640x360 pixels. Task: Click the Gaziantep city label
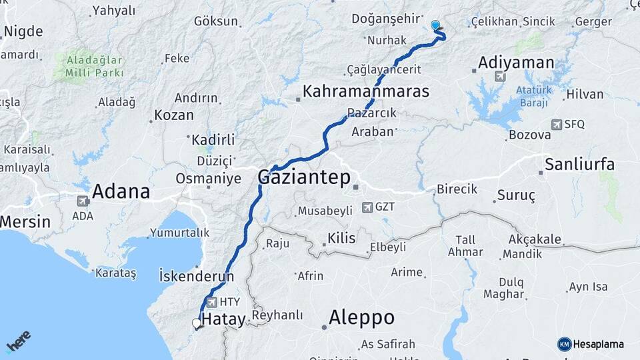tap(303, 177)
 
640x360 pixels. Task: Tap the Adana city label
tap(121, 191)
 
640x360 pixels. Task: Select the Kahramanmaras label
tap(366, 91)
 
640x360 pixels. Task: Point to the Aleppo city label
tap(361, 317)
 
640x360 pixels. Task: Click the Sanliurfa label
tap(579, 165)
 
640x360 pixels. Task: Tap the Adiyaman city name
tap(516, 63)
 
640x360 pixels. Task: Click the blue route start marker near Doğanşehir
tap(435, 25)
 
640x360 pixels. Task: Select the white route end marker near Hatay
tap(196, 323)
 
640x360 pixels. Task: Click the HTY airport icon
tap(212, 302)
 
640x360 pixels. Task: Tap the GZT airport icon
tap(367, 207)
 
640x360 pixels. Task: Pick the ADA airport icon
tap(83, 201)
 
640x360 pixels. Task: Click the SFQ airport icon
tap(556, 125)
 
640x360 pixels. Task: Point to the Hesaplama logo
tap(591, 344)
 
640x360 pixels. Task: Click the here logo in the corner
tap(18, 341)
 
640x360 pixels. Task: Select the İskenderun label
tap(196, 275)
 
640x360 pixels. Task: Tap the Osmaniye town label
tap(208, 179)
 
